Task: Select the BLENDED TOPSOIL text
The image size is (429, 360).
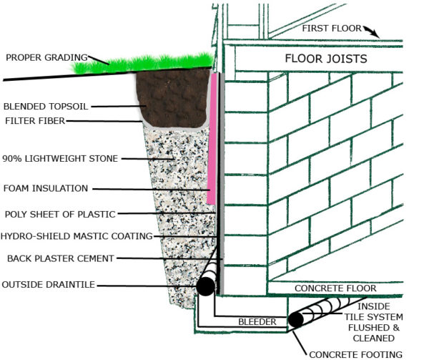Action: tap(46, 105)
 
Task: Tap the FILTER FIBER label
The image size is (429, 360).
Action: tap(34, 121)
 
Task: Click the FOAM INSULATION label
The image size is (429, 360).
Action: tap(46, 188)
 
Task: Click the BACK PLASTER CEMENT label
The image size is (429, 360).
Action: tap(61, 258)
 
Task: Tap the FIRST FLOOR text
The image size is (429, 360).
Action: tap(330, 28)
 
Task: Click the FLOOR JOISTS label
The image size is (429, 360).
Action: tap(326, 58)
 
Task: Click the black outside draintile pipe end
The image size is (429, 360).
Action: tap(205, 286)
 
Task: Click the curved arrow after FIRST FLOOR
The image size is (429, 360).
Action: tap(372, 31)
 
